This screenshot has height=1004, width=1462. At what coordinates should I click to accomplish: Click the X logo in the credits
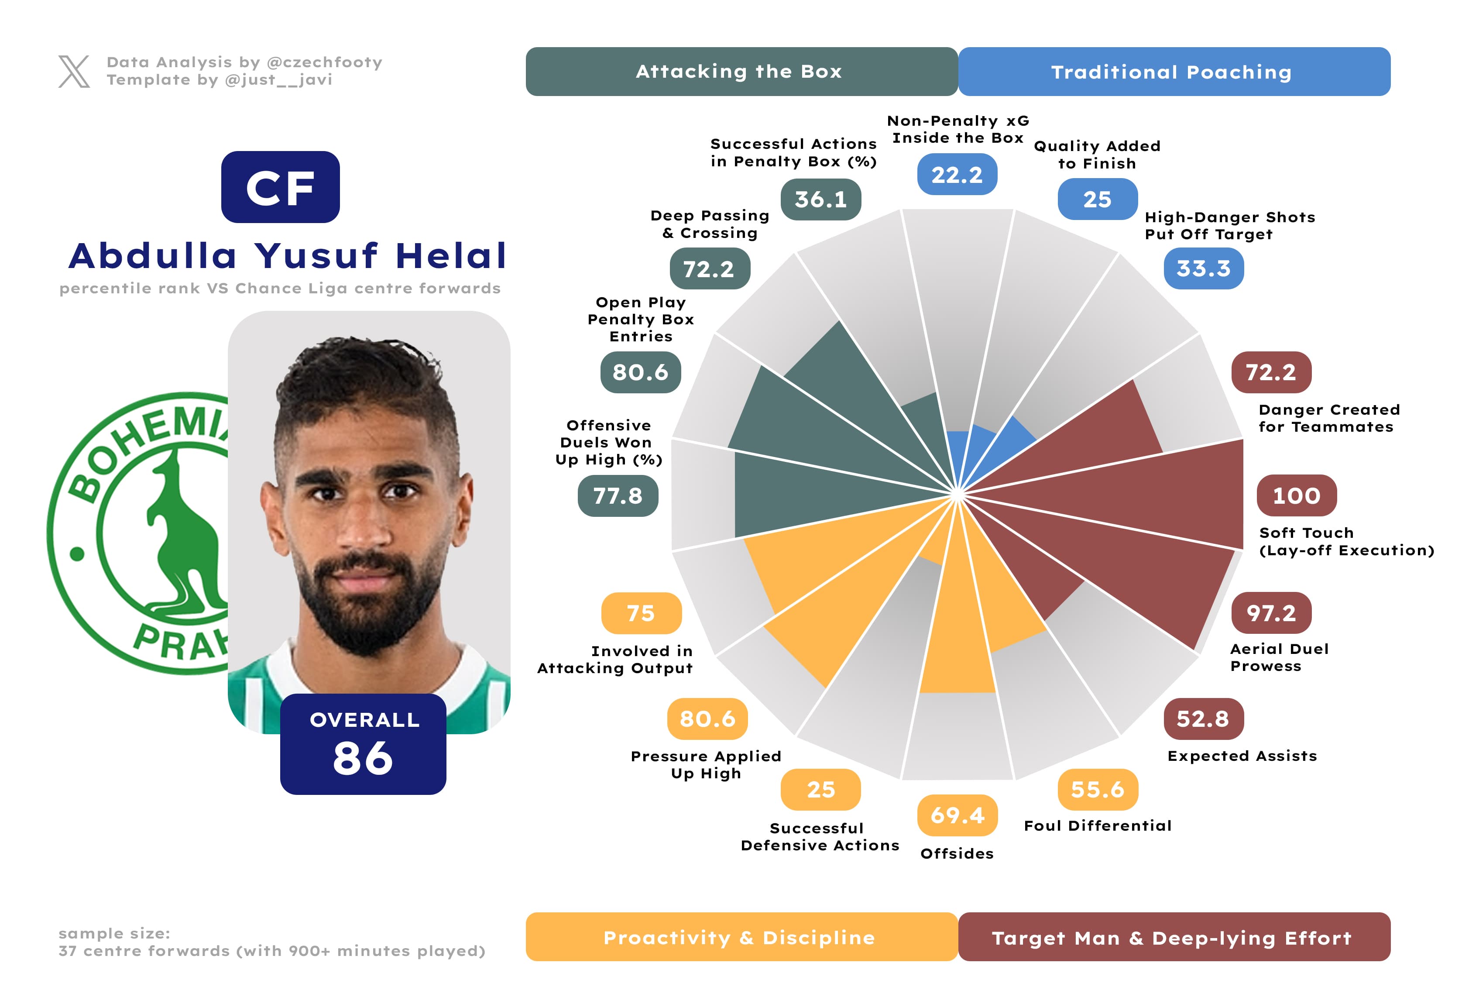[74, 71]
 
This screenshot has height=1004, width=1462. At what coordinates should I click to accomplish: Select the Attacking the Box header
[741, 72]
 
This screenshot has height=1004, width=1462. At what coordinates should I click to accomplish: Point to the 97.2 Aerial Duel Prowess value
[1271, 613]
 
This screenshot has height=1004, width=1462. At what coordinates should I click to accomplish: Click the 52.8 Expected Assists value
[1203, 719]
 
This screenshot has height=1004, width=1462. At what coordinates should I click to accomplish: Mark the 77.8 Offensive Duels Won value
[618, 496]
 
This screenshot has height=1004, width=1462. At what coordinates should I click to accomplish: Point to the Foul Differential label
[1098, 825]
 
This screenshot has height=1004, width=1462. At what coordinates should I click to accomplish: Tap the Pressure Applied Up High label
[706, 764]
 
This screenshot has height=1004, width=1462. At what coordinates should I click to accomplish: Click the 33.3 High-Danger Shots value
[1204, 268]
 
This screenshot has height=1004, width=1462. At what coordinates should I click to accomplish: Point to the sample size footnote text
[272, 942]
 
